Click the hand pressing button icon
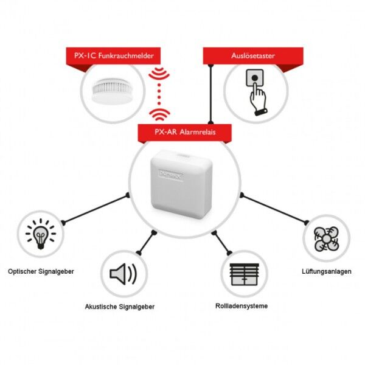point(255,92)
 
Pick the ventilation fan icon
point(326,239)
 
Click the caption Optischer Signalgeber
point(41,271)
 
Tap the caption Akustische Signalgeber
point(120,307)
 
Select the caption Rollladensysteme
point(242,305)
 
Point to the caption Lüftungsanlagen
point(326,271)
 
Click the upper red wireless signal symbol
point(160,74)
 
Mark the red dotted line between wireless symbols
point(160,94)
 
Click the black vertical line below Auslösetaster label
point(210,91)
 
